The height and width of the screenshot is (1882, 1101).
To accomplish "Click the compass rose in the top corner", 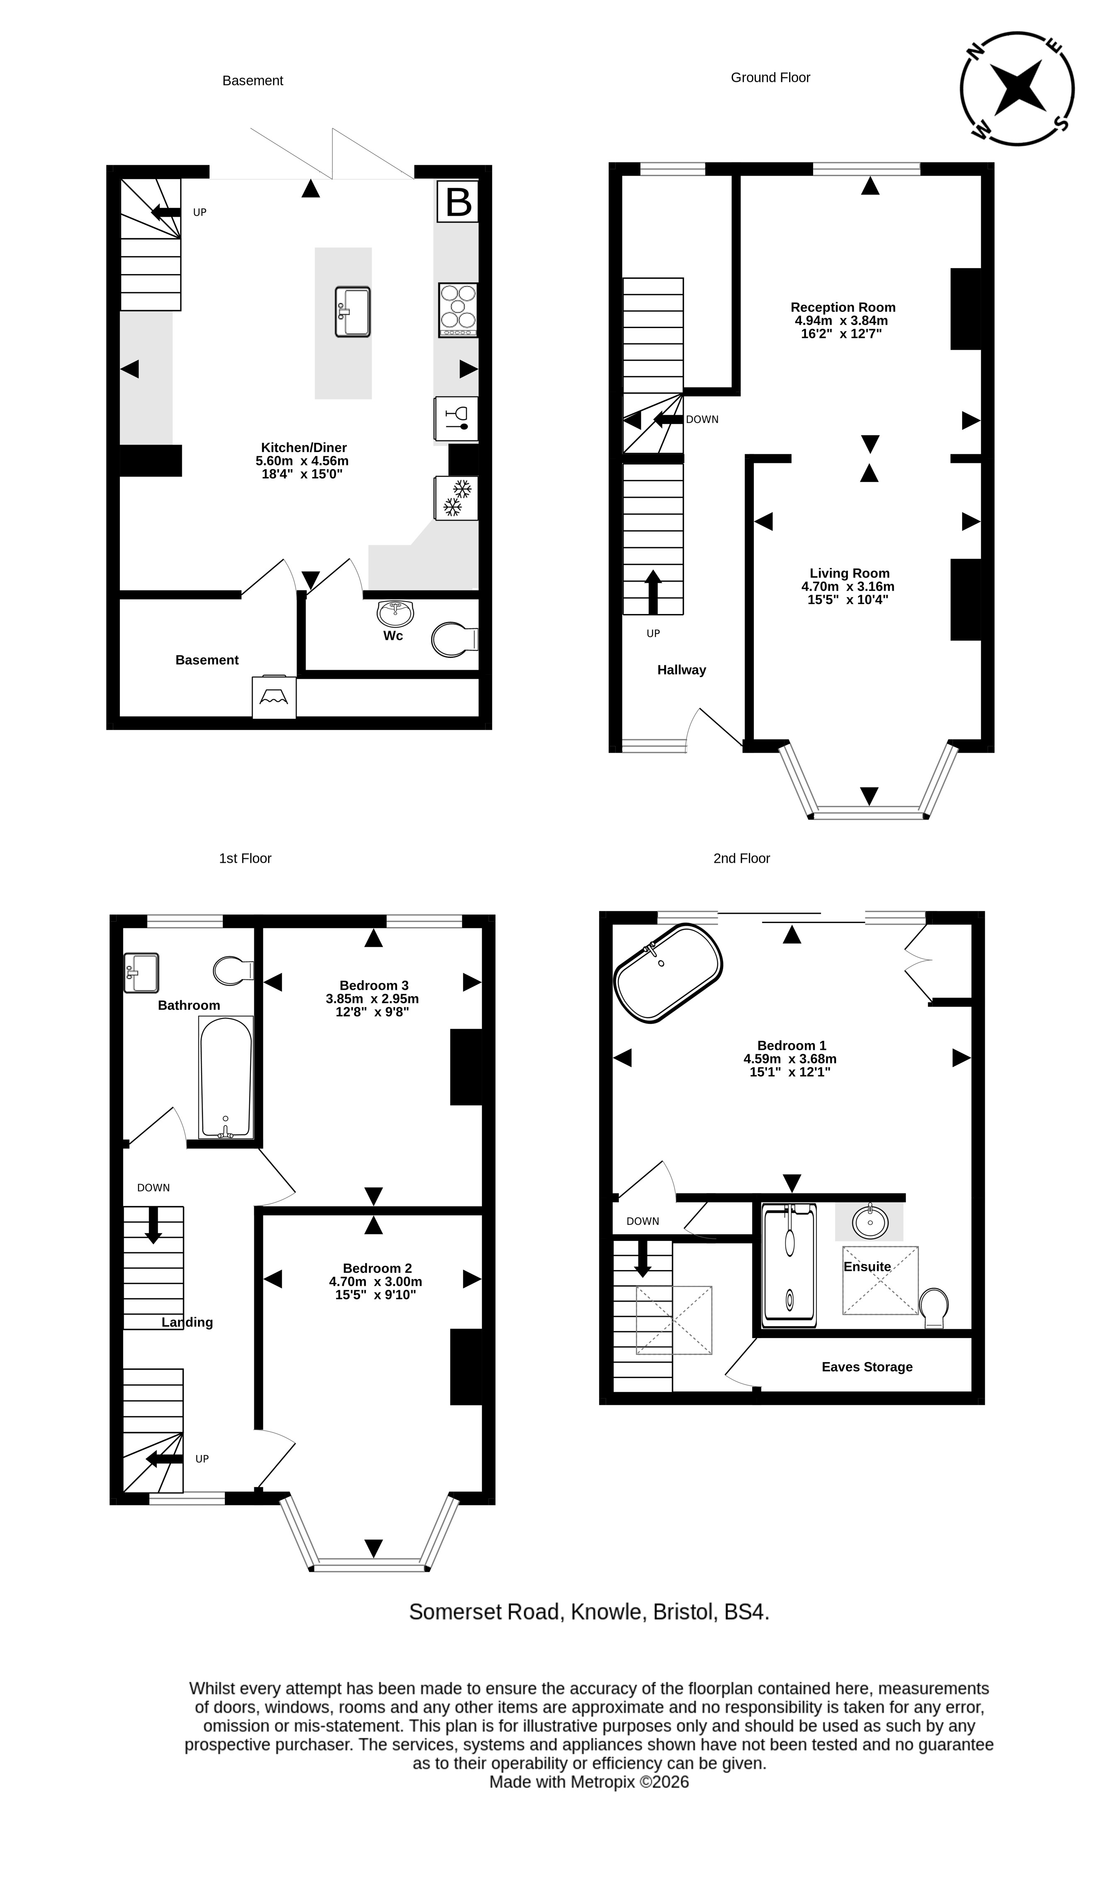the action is [x=1017, y=88].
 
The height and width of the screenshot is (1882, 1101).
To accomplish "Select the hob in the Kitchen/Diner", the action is [x=458, y=310].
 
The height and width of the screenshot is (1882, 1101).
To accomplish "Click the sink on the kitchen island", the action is [x=352, y=311].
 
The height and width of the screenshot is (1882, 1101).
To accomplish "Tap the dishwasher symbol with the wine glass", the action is [x=456, y=418].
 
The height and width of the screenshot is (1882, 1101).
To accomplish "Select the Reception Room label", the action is [x=843, y=307].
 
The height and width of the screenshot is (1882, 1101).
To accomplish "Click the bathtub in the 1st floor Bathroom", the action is [x=225, y=1078].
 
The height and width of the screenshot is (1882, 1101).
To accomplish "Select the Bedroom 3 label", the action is [x=374, y=985].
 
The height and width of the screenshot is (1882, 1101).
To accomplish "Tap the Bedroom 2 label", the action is [x=377, y=1268].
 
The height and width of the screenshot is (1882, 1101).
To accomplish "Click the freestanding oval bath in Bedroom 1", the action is [x=668, y=973].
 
